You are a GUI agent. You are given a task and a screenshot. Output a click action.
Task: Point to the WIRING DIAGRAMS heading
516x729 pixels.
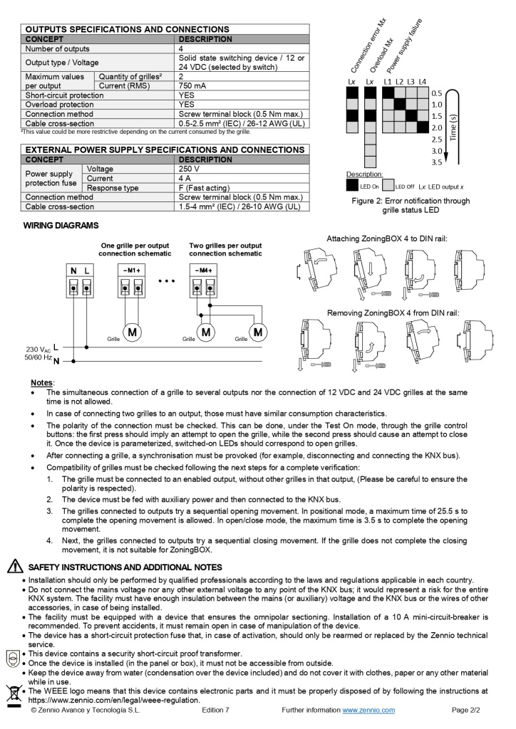(61, 226)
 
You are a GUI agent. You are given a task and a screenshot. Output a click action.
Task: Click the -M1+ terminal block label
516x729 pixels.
(133, 271)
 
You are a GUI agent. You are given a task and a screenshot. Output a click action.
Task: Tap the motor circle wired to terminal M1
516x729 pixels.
(133, 332)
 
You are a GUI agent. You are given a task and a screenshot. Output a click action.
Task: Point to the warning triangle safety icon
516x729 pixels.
(14, 567)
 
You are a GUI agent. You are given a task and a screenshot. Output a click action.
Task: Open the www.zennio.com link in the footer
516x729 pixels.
(368, 710)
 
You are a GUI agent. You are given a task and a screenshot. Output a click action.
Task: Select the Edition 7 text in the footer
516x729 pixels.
(215, 710)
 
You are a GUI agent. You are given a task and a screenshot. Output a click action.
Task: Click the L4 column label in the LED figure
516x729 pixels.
(423, 82)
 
